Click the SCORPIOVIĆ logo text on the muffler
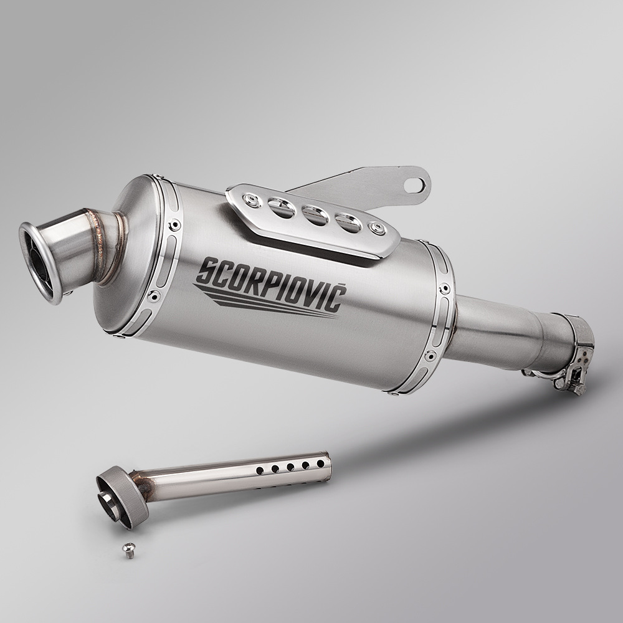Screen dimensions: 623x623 (270, 283)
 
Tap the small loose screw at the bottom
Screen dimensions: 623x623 (128, 551)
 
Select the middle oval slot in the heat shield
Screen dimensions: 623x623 (315, 215)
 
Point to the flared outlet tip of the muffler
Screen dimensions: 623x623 (40, 262)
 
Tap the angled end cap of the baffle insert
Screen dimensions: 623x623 (117, 497)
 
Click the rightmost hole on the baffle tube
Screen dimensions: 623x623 (320, 464)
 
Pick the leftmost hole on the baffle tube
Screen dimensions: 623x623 (260, 471)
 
